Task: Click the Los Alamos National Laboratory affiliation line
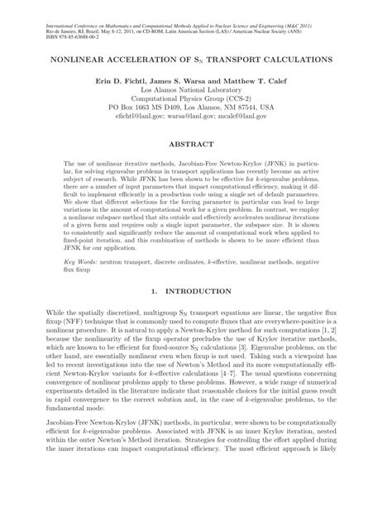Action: [196, 95]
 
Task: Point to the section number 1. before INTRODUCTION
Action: [157, 291]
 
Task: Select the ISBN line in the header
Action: [54, 26]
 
